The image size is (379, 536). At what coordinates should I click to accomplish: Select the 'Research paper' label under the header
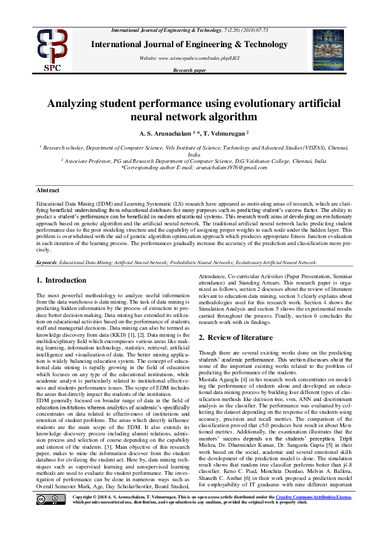[x=189, y=70]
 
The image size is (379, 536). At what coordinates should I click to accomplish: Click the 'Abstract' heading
[x=48, y=190]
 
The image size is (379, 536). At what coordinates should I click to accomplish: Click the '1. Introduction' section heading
[x=61, y=281]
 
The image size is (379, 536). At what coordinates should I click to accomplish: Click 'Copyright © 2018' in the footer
[x=95, y=512]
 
